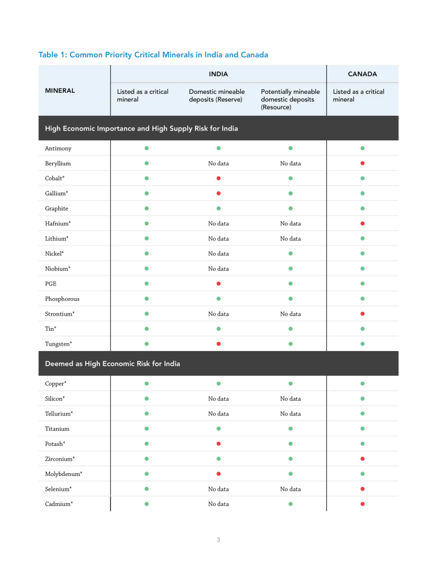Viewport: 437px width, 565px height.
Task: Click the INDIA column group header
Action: tap(218, 74)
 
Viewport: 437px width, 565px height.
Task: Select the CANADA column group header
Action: tap(362, 74)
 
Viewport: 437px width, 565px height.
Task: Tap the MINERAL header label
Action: tap(60, 91)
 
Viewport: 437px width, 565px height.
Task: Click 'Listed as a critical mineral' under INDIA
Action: tap(143, 96)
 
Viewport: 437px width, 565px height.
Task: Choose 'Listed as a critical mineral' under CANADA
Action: tap(359, 96)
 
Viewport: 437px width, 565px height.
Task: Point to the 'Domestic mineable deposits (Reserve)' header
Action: tap(217, 96)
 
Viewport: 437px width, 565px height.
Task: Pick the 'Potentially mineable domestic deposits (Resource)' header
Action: tap(291, 99)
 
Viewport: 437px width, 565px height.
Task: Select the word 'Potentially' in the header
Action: tap(275, 92)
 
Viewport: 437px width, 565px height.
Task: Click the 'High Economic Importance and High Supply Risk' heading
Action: tap(141, 129)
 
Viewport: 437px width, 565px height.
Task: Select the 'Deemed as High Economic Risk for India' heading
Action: tap(113, 364)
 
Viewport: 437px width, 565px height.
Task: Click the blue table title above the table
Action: tap(153, 55)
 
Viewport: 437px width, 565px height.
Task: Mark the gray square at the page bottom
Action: tap(218, 541)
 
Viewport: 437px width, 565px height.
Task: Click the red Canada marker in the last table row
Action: tap(363, 503)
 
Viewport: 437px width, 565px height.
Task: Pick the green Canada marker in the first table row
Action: tap(363, 148)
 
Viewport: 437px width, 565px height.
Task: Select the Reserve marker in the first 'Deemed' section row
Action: tap(218, 384)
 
